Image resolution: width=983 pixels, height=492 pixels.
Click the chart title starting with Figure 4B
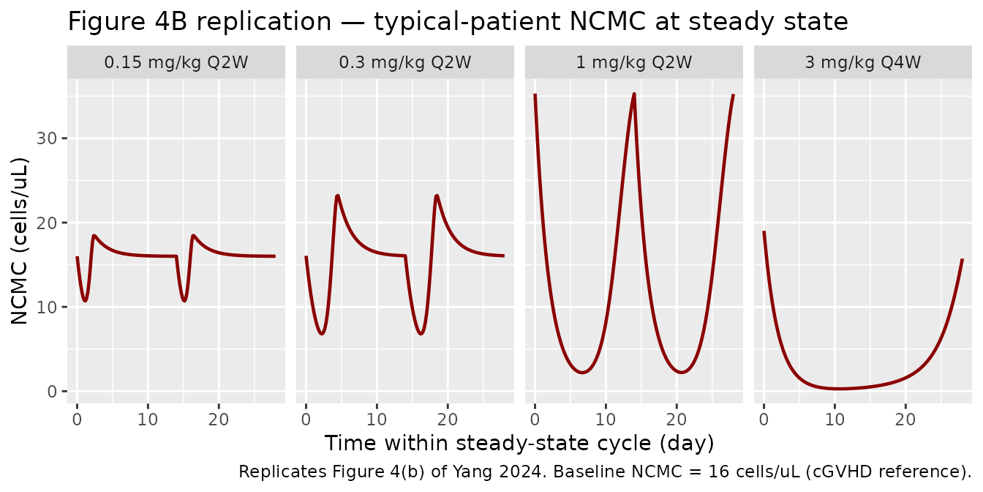coord(457,22)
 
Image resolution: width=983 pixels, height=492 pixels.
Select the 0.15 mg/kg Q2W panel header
coord(176,62)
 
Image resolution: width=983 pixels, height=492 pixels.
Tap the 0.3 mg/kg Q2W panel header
coord(405,62)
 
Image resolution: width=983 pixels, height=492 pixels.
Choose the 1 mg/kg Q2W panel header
coord(634,62)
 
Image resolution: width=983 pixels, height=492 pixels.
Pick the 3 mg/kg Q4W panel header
coord(863,62)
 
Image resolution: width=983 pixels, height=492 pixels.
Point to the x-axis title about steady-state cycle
coord(519,444)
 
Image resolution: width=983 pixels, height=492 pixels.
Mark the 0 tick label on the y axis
coord(53,391)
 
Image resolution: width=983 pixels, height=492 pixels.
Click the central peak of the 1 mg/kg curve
coord(633,94)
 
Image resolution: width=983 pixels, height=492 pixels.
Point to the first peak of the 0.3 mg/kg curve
coord(337,195)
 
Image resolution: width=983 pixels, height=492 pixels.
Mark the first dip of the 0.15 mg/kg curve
coord(85,300)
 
